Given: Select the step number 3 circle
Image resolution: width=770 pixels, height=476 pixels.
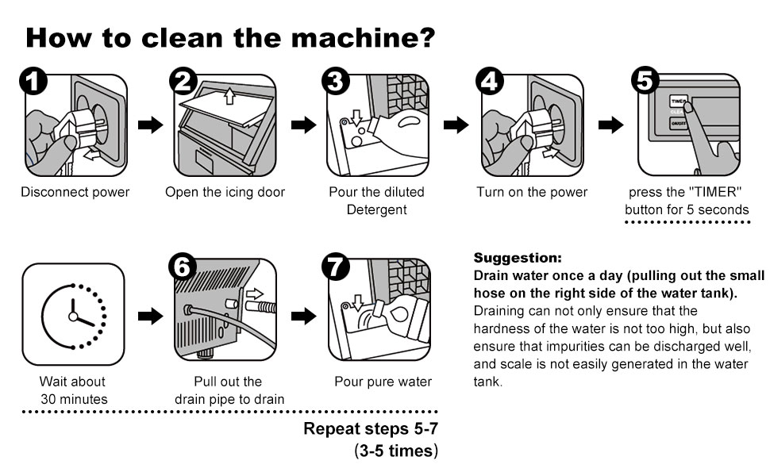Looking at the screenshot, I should pyautogui.click(x=336, y=83).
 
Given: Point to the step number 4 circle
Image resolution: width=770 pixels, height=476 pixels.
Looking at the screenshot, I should pyautogui.click(x=489, y=83).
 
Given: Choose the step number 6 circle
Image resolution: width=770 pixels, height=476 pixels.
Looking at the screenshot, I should pyautogui.click(x=183, y=270).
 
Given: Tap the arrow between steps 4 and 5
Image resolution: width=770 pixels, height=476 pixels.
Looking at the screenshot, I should pyautogui.click(x=610, y=125).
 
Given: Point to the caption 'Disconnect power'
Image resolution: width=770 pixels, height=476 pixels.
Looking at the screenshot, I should pyautogui.click(x=75, y=192).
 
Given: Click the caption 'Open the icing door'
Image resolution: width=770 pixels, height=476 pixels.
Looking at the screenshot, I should pyautogui.click(x=225, y=192).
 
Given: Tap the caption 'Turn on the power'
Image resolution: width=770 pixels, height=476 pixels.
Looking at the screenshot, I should pyautogui.click(x=532, y=192).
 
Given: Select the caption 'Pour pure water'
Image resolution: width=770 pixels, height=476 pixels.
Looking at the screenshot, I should pyautogui.click(x=383, y=382).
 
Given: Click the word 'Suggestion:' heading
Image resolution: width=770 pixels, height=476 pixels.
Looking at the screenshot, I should pyautogui.click(x=517, y=258).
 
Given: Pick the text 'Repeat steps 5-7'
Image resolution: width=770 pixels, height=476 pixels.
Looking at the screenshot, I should pyautogui.click(x=370, y=430).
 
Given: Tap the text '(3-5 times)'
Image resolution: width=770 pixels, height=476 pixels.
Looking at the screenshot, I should pyautogui.click(x=395, y=451).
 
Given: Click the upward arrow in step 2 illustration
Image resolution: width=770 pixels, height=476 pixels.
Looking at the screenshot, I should pyautogui.click(x=229, y=97).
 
